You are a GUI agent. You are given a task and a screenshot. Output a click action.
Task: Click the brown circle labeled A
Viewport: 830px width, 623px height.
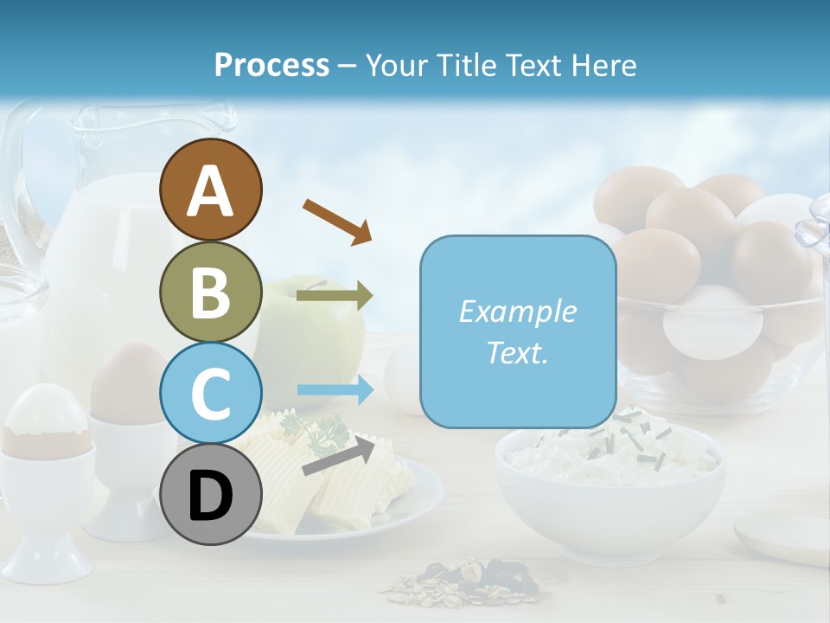pos(210,189)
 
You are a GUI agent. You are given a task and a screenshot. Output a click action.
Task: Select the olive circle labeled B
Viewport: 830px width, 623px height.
pos(210,292)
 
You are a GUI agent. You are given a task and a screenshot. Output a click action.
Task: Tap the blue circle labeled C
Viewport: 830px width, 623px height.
pos(210,393)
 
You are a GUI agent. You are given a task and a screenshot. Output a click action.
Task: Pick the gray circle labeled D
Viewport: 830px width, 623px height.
pos(210,495)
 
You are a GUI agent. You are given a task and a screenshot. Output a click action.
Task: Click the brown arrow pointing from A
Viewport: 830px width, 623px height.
pos(336,220)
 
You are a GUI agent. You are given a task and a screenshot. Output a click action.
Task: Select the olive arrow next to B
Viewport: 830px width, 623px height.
pos(334,296)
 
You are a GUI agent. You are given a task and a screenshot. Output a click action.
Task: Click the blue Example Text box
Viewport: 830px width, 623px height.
pos(517,331)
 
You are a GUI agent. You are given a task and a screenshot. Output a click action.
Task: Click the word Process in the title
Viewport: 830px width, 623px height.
pos(271,65)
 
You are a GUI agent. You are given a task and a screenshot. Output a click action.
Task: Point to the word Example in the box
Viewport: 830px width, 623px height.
pos(517,311)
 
